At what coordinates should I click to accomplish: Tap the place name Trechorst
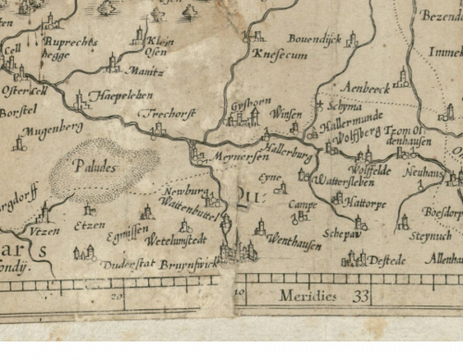coord(169,113)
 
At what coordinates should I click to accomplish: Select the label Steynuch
coord(430,235)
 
